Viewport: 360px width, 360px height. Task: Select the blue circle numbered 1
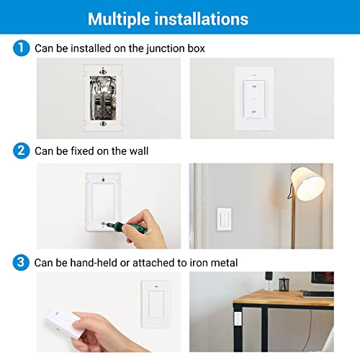coord(21,48)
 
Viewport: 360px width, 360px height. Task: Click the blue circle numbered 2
coord(21,151)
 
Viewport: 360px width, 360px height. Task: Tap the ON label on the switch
coord(253,84)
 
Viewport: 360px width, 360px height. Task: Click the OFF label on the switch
coord(253,112)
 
